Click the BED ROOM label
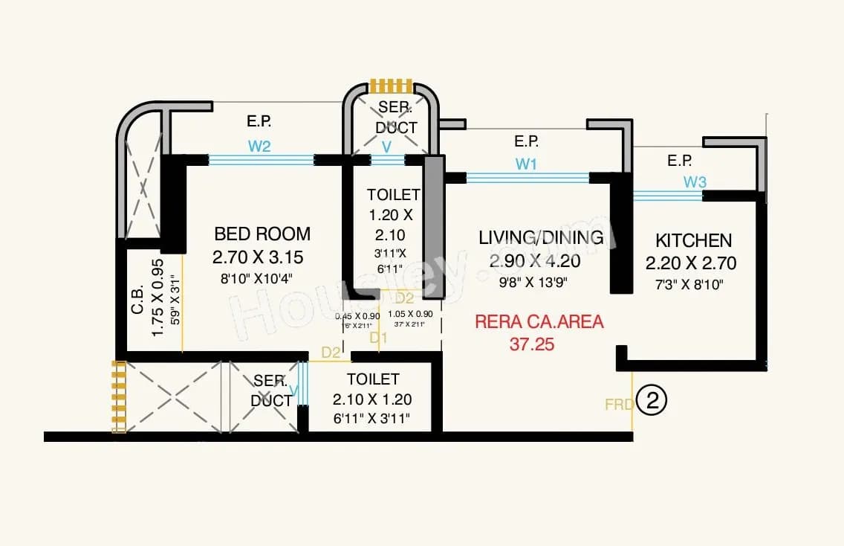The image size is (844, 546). (262, 234)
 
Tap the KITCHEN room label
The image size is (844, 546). (693, 240)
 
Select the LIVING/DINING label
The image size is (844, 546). (540, 237)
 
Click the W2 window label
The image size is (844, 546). (259, 147)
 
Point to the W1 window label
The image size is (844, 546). (526, 164)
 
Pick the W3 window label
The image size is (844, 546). (695, 182)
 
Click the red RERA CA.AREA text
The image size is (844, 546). (539, 322)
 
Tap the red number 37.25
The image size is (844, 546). (532, 344)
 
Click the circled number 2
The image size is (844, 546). (652, 402)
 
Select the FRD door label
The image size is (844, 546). (618, 405)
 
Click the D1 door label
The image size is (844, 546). (379, 338)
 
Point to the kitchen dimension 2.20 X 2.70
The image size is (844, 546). (690, 263)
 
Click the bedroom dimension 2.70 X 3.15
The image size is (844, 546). (258, 257)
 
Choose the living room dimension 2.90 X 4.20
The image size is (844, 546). (535, 261)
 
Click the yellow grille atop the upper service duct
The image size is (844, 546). (391, 86)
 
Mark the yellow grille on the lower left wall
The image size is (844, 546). (118, 396)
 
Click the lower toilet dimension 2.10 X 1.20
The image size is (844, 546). (372, 399)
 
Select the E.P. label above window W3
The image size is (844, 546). (680, 160)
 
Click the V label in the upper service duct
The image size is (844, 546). (386, 147)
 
